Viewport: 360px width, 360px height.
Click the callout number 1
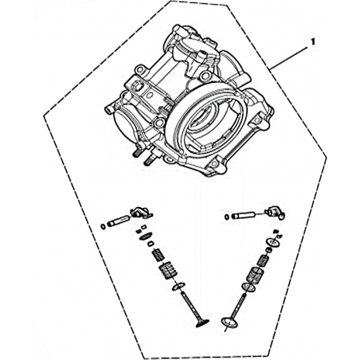(313, 42)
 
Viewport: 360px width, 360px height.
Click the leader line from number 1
(289, 58)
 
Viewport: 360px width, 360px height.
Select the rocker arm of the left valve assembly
(141, 213)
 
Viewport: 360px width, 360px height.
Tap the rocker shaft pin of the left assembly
(119, 221)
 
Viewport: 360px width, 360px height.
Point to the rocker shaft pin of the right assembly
(243, 214)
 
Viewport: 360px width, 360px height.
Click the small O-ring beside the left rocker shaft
(103, 227)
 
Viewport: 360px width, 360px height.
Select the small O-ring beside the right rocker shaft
(227, 217)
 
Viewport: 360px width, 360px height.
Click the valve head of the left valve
(202, 323)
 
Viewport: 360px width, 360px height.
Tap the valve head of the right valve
(229, 323)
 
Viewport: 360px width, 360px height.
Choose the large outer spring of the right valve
(254, 276)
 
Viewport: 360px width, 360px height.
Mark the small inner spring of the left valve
(158, 254)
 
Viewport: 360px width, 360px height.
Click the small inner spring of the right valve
(264, 260)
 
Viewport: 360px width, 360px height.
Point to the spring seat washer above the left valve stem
(178, 287)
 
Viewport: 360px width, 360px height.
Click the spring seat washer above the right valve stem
(249, 288)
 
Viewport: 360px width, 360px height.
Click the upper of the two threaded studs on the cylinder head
(139, 151)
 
